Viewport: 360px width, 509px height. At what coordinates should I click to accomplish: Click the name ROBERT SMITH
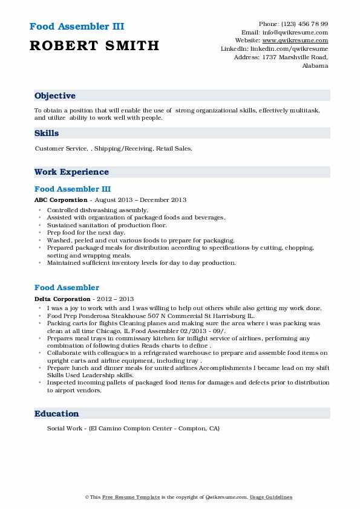tap(94, 45)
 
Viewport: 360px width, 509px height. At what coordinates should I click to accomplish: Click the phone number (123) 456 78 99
tap(302, 24)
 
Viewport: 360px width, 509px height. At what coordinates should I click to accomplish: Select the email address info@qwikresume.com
tap(293, 33)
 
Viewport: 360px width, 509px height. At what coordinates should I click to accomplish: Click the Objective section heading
tap(55, 96)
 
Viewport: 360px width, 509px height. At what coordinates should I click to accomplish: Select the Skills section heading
tap(47, 133)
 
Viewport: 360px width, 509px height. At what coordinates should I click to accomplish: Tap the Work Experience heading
tap(71, 172)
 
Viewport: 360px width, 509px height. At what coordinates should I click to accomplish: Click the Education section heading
tap(57, 414)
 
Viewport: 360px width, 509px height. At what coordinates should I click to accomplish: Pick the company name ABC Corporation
tap(61, 200)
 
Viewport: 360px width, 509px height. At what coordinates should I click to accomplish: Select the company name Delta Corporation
tap(62, 299)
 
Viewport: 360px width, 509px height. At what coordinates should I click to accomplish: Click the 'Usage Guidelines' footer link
tap(272, 498)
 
